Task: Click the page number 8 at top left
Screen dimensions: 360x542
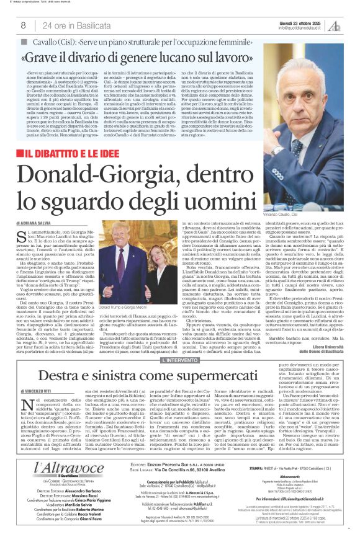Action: point(23,25)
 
